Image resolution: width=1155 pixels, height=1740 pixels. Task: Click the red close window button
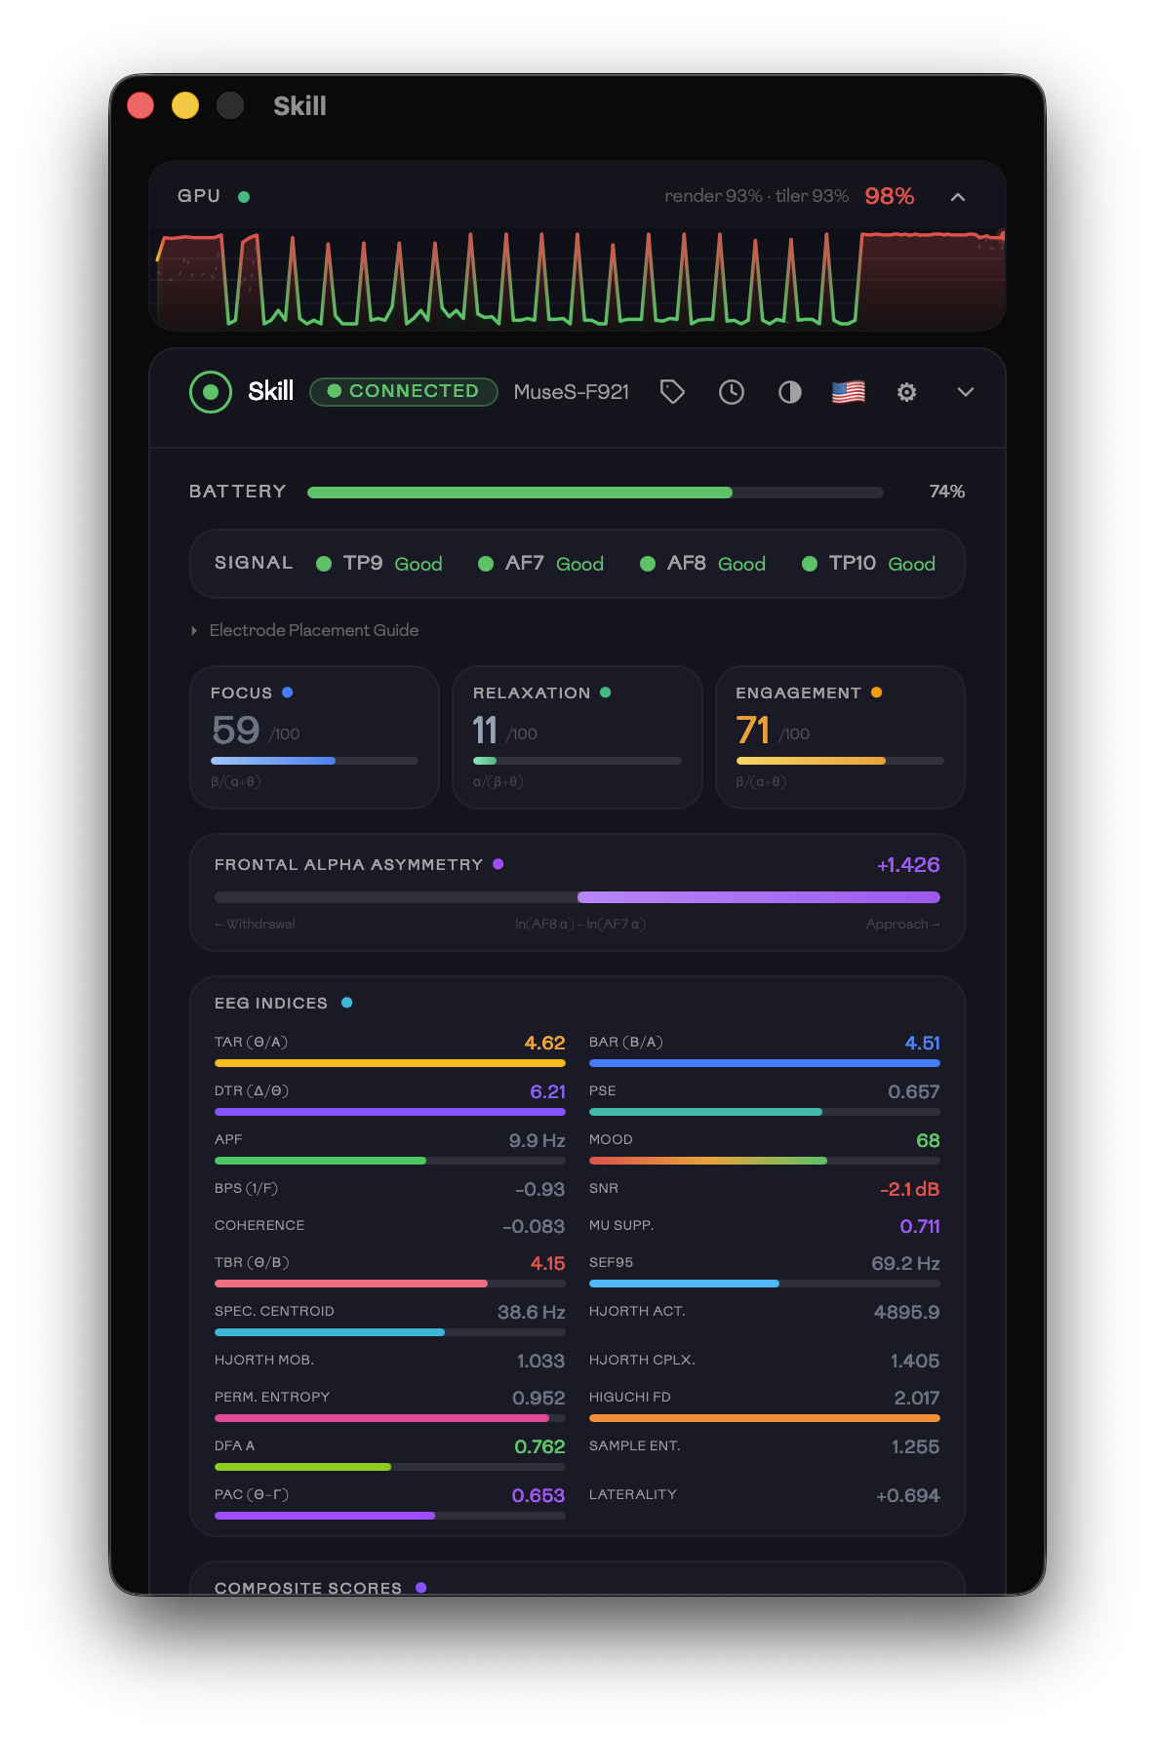tap(140, 105)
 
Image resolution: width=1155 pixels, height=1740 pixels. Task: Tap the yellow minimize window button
tap(185, 105)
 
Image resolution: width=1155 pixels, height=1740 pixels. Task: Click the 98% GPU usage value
tap(889, 196)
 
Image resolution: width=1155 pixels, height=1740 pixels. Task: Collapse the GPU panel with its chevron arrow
tap(958, 197)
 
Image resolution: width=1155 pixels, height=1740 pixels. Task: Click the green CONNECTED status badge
tap(403, 391)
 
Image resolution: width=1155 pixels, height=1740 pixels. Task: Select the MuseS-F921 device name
tap(571, 392)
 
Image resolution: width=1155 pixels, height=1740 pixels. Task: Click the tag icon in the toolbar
tap(672, 392)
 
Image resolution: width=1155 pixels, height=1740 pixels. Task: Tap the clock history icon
tap(732, 392)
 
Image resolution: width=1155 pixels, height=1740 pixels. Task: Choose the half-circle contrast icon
tap(790, 392)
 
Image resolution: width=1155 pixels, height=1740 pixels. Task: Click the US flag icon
tap(849, 392)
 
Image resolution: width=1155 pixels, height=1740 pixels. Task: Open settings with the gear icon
tap(906, 392)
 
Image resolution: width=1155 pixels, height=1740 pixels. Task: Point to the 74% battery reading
tap(946, 492)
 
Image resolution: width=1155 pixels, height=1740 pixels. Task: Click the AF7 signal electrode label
tap(524, 563)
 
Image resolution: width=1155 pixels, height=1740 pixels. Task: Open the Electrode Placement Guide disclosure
tap(313, 630)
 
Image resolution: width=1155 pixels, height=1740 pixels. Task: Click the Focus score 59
tap(236, 731)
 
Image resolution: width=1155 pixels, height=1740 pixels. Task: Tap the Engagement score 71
tap(753, 731)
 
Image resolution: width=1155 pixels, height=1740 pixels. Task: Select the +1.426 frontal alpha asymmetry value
tap(908, 865)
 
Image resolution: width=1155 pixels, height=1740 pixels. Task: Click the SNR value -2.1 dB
tap(909, 1189)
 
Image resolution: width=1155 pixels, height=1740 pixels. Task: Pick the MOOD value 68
tap(928, 1140)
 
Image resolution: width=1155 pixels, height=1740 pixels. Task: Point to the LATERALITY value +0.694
tap(907, 1495)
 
